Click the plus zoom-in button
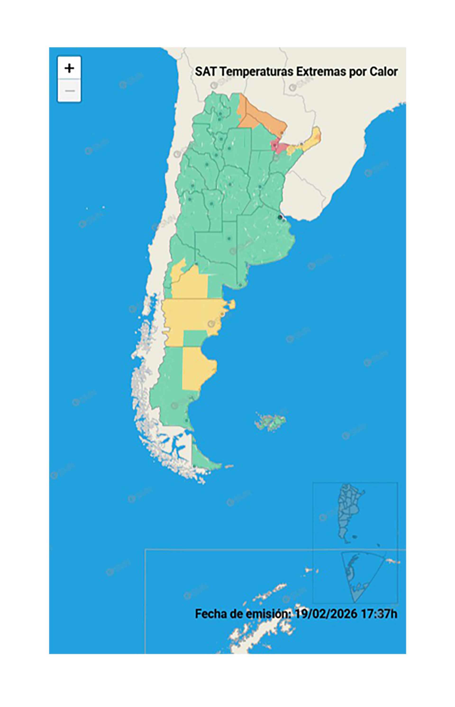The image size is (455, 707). point(69,68)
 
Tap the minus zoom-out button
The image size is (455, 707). point(69,90)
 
